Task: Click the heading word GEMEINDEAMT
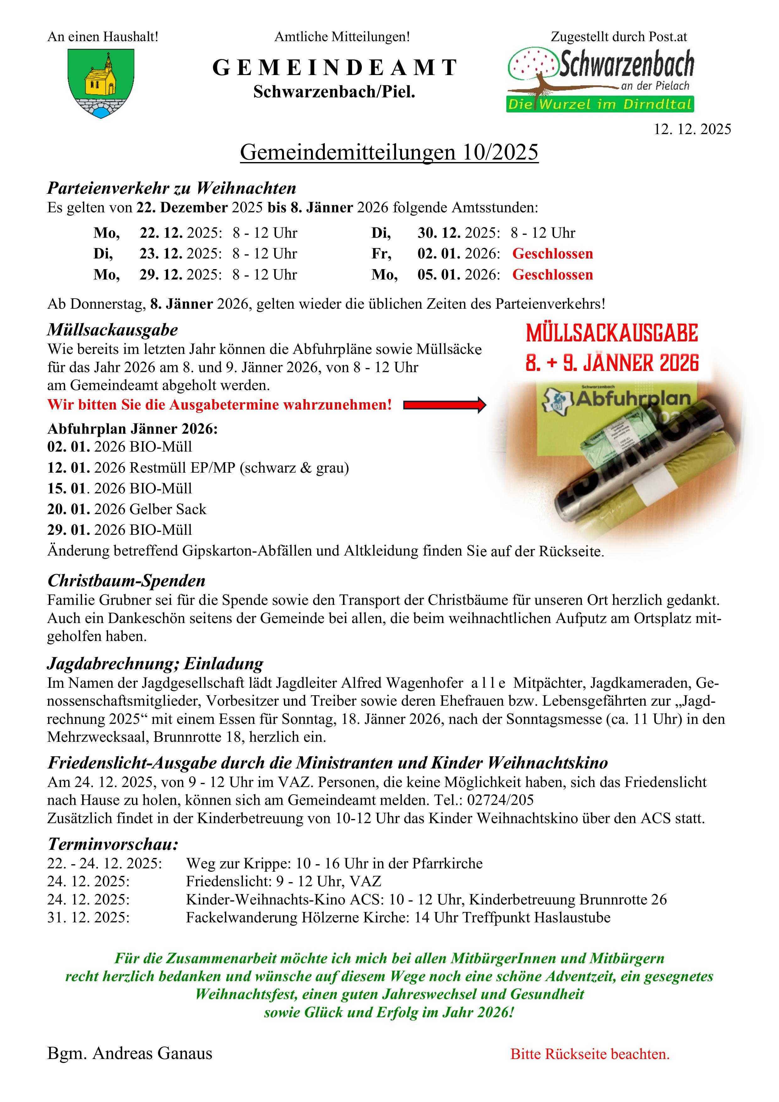point(335,68)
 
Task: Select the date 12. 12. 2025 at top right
point(692,129)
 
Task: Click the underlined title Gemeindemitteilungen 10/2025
point(389,153)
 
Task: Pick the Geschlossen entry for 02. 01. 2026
point(553,253)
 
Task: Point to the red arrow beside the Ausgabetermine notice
point(444,405)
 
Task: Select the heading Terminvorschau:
point(113,844)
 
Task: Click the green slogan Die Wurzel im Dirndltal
point(600,104)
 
